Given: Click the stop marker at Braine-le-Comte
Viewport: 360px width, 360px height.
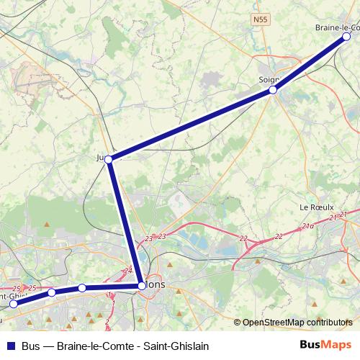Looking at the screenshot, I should point(346,36).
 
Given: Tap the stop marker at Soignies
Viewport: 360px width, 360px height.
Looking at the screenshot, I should point(273,90).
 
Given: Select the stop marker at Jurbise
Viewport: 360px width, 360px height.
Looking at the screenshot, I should point(108,159).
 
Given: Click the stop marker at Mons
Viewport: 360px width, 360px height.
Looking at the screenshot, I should point(141,286).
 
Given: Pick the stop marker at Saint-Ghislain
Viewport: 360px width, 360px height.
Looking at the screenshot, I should point(13,304).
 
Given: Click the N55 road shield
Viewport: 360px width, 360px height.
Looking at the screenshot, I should point(260,19).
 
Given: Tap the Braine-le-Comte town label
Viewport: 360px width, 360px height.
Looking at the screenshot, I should point(337,27).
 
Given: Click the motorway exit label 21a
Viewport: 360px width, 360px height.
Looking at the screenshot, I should point(307,226).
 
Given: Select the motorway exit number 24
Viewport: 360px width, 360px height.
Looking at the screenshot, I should point(128,271).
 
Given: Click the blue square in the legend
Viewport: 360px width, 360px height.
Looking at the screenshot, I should point(10,345).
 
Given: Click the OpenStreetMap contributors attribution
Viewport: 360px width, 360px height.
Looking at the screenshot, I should point(297,323).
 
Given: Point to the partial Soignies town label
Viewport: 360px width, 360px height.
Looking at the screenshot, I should point(269,79).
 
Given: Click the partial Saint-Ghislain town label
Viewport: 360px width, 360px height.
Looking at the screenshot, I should point(13,295).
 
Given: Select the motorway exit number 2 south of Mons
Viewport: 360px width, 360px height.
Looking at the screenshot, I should point(107,320).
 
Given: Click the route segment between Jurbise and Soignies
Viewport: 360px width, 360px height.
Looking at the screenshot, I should point(191,125).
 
